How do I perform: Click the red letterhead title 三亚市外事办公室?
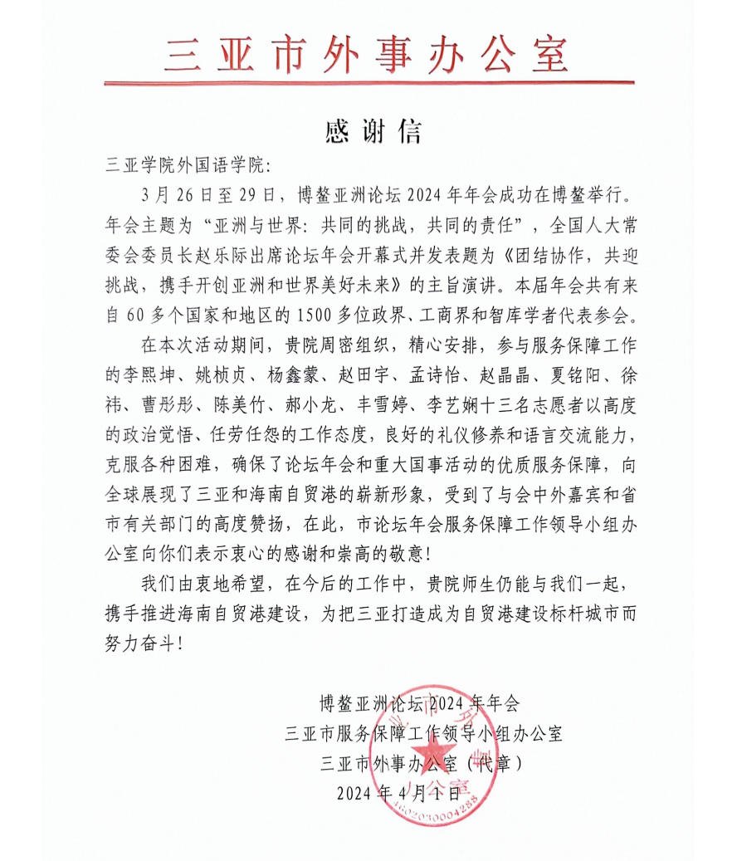coord(368,54)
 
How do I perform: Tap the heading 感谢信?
coord(368,131)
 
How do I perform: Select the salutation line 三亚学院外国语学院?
coord(188,166)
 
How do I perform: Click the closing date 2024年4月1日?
coord(398,792)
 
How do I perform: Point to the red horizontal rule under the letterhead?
coord(368,83)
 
